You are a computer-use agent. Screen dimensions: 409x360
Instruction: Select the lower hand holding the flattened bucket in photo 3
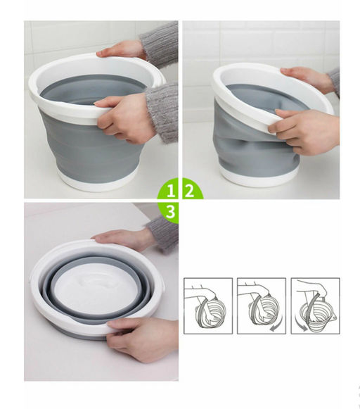click(144, 338)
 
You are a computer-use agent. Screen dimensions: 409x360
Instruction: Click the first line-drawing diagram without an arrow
click(207, 306)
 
